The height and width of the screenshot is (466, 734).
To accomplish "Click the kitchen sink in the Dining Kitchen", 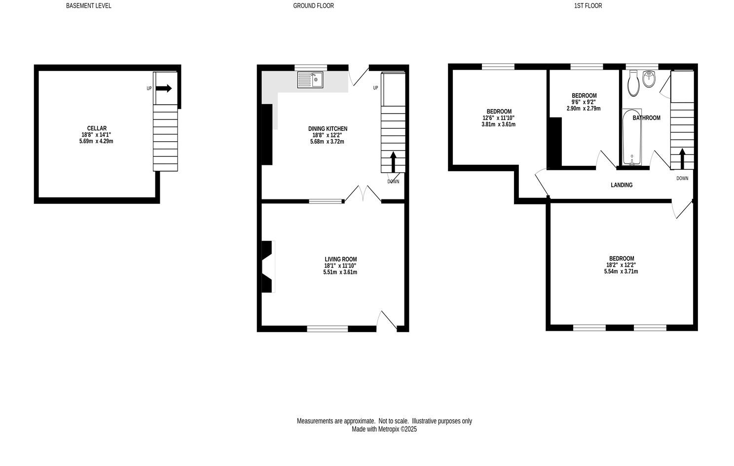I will (310, 79).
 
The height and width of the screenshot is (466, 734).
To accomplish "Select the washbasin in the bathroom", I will (649, 79).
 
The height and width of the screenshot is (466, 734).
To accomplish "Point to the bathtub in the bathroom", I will (632, 138).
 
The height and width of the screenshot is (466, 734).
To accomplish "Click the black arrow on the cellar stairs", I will (164, 88).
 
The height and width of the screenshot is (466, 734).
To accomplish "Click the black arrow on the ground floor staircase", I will (393, 161).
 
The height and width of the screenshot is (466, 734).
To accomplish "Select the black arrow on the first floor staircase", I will (683, 158).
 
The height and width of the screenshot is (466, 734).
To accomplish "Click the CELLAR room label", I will (94, 128).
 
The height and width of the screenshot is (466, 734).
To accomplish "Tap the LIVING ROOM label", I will (340, 259).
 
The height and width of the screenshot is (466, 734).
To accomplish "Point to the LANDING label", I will (622, 185).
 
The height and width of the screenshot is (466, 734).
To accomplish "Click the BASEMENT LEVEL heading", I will (89, 6).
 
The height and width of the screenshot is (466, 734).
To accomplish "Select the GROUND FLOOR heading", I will (313, 6).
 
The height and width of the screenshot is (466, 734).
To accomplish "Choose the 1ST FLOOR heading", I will (588, 6).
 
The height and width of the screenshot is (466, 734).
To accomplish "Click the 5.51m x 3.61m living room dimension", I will (340, 272).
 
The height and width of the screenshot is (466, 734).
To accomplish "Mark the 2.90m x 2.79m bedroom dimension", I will (584, 109).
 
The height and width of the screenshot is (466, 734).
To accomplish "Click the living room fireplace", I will (267, 267).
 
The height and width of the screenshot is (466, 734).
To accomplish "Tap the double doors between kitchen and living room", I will (363, 194).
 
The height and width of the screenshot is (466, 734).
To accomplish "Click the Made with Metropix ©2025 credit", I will (384, 429).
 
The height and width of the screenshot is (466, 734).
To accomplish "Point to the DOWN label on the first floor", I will (682, 178).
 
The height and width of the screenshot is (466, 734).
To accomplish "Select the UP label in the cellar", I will (149, 89).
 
